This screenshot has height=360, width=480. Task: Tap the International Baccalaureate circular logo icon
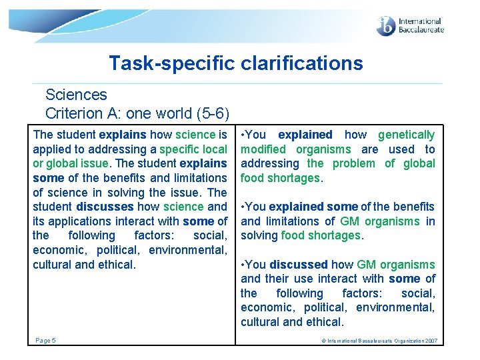pyautogui.click(x=386, y=26)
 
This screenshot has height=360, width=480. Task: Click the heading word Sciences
pyautogui.click(x=76, y=95)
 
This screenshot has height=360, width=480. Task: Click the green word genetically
pyautogui.click(x=406, y=135)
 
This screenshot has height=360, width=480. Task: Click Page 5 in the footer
pyautogui.click(x=45, y=341)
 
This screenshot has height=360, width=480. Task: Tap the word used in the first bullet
pyautogui.click(x=402, y=149)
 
